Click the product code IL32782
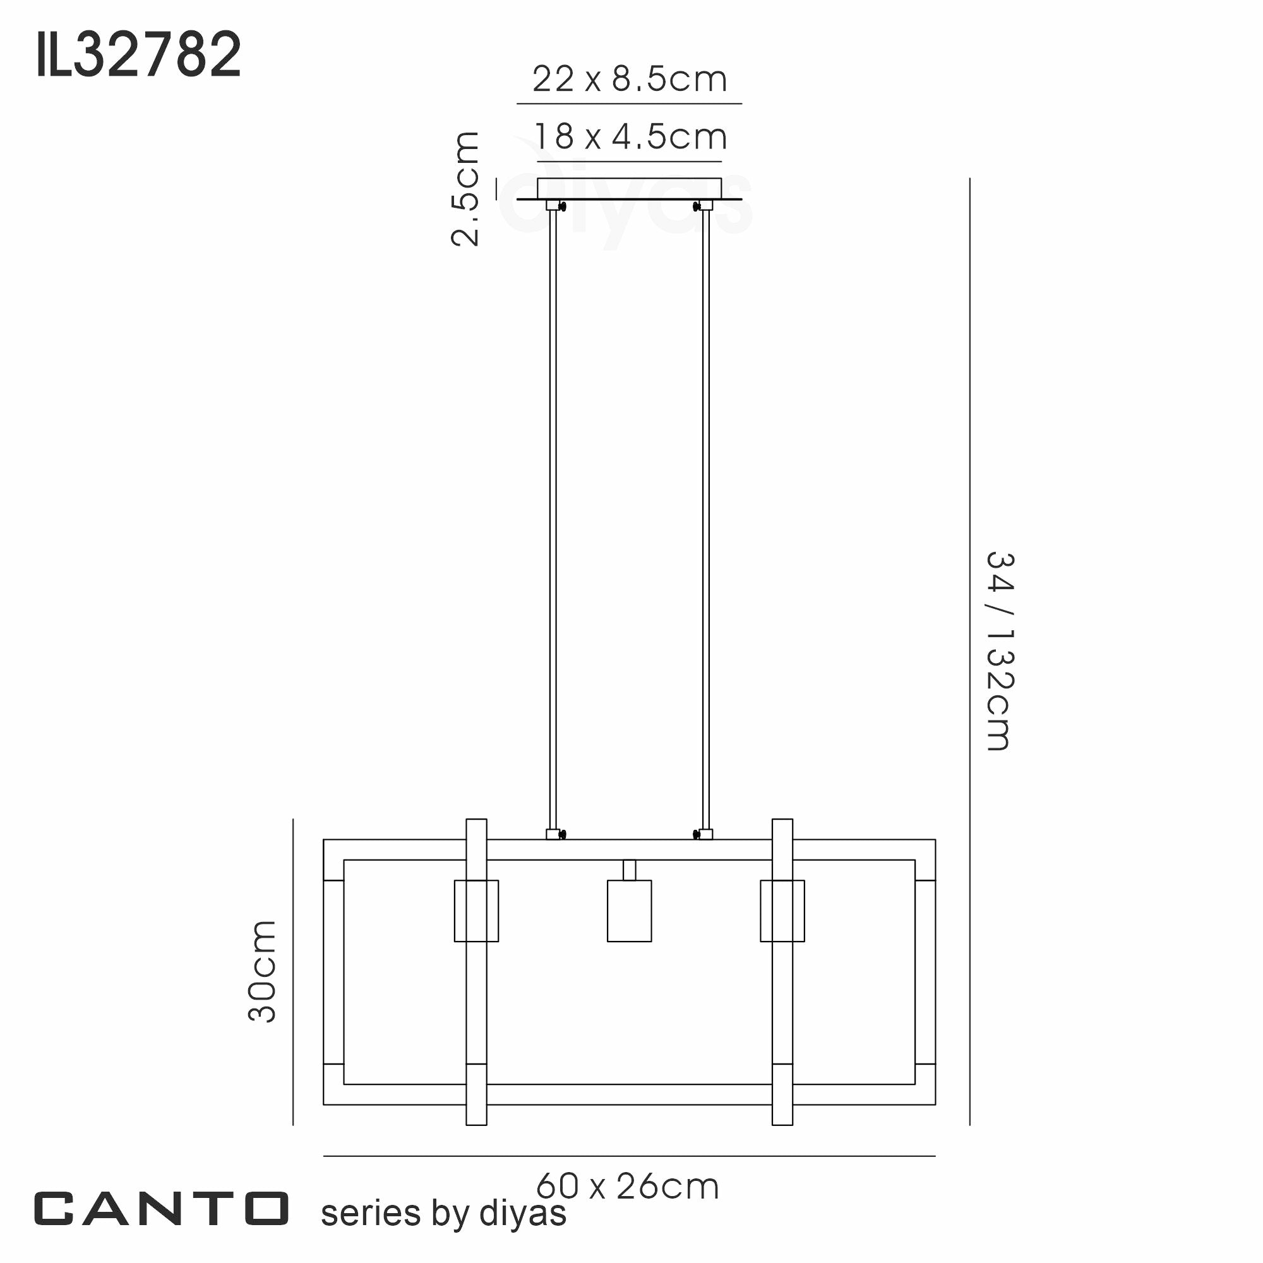tap(138, 55)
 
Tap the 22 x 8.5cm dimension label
tap(629, 80)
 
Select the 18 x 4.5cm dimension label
tap(630, 137)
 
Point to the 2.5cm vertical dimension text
tap(466, 188)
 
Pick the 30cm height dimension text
tap(262, 971)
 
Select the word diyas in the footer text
tap(522, 1213)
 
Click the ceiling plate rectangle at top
tap(629, 188)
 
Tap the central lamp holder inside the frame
tap(629, 911)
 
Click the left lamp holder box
tap(476, 911)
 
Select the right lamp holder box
tap(782, 911)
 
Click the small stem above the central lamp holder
tap(629, 870)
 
